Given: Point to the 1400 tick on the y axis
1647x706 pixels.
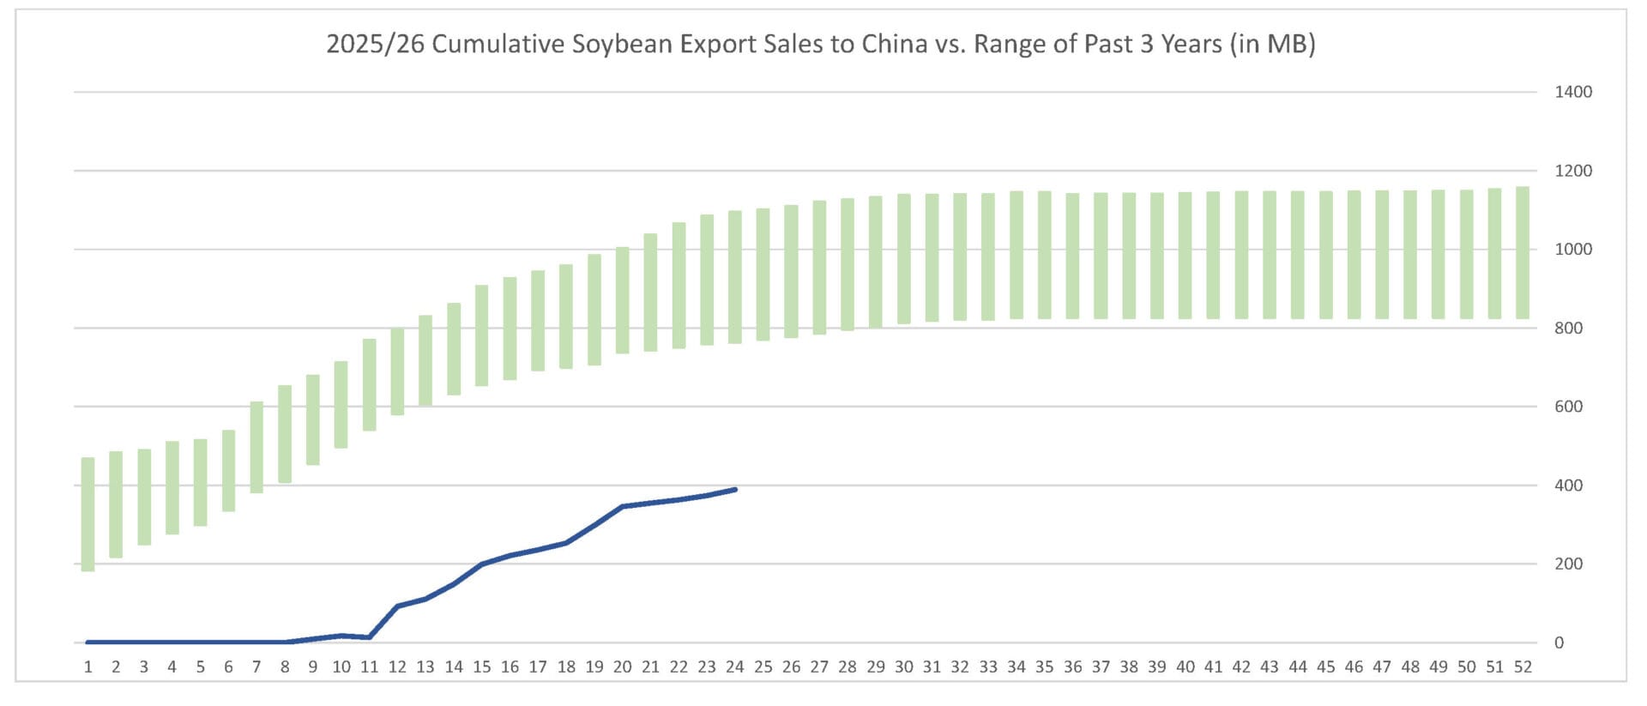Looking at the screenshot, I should (x=1572, y=92).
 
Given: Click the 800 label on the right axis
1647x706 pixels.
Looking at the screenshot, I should (x=1569, y=328).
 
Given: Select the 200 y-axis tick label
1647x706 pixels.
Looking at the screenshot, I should (x=1569, y=564).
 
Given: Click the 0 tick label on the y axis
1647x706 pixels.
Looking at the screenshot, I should (x=1560, y=643).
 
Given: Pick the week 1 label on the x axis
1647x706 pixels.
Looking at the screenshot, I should (x=88, y=667).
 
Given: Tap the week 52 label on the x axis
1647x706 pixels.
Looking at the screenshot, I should (x=1523, y=667).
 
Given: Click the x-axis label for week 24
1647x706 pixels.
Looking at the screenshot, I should (x=735, y=667).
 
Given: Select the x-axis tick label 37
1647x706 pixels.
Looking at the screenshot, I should (x=1101, y=667).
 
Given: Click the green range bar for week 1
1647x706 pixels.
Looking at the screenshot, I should (x=88, y=514).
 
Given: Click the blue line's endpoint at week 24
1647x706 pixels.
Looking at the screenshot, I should (x=735, y=490).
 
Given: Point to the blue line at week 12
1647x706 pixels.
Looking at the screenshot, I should (x=397, y=606).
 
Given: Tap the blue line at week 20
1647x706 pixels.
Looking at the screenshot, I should (x=623, y=507).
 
